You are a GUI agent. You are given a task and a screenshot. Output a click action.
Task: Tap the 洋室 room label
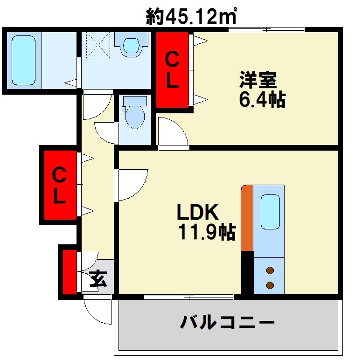click(x=258, y=80)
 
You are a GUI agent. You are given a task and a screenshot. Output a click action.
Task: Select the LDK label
click(x=197, y=213)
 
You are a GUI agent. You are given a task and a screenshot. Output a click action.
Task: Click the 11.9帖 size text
click(x=206, y=232)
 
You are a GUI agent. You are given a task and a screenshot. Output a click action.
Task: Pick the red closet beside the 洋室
click(x=172, y=70)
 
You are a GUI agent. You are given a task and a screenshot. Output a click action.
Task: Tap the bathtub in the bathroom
click(x=23, y=60)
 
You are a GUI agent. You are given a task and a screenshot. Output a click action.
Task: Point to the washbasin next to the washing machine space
click(x=132, y=45)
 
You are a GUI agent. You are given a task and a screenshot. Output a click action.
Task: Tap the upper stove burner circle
click(x=270, y=270)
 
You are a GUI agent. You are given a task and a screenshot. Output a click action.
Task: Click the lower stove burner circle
click(x=270, y=285)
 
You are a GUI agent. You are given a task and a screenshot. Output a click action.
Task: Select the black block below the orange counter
click(x=247, y=273)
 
